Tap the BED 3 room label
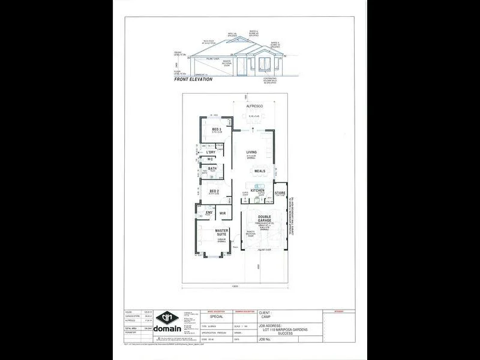pyautogui.click(x=217, y=128)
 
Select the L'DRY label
pyautogui.click(x=211, y=152)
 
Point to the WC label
pyautogui.click(x=211, y=160)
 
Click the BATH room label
pyautogui.click(x=212, y=169)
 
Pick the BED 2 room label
pyautogui.click(x=214, y=191)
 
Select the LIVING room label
pyautogui.click(x=251, y=152)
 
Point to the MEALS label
pyautogui.click(x=259, y=171)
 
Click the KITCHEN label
pyautogui.click(x=257, y=190)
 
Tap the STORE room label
pyautogui.click(x=280, y=193)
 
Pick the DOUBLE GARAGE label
pyautogui.click(x=264, y=220)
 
